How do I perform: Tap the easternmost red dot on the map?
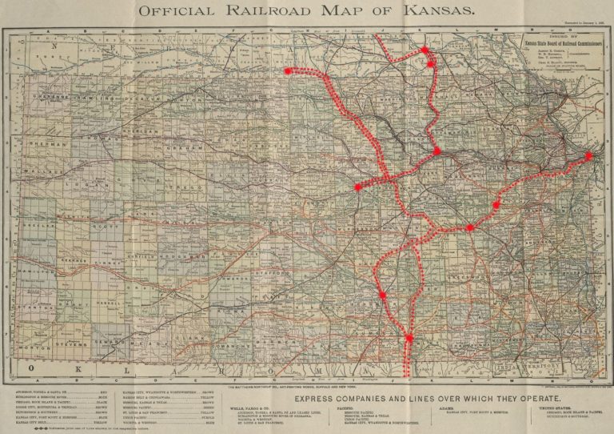coord(589,155)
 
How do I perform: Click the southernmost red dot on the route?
coord(409,338)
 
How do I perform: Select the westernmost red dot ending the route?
coord(287,70)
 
